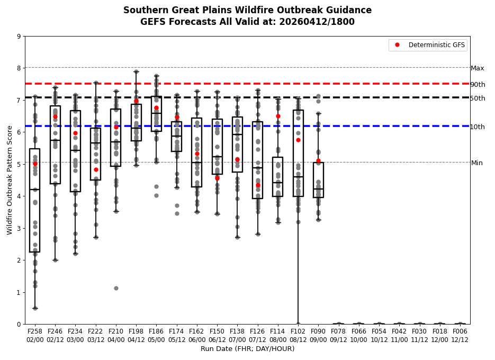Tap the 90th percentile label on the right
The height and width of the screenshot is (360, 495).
pyautogui.click(x=478, y=85)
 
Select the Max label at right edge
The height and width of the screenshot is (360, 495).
pyautogui.click(x=478, y=68)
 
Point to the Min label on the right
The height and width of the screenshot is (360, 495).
pyautogui.click(x=477, y=163)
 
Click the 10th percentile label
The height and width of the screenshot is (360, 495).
pyautogui.click(x=478, y=127)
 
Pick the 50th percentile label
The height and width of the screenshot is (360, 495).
pyautogui.click(x=478, y=98)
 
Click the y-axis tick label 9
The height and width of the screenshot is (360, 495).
pyautogui.click(x=19, y=37)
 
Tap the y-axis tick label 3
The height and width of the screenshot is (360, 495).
pyautogui.click(x=19, y=228)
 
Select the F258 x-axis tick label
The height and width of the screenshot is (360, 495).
pyautogui.click(x=35, y=331)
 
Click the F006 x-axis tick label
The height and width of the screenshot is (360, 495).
pyautogui.click(x=460, y=331)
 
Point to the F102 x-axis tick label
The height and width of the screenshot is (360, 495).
pyautogui.click(x=298, y=331)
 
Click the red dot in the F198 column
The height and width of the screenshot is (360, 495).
pyautogui.click(x=136, y=101)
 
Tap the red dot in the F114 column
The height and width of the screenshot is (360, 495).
pyautogui.click(x=278, y=116)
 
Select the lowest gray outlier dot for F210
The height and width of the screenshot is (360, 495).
pyautogui.click(x=116, y=288)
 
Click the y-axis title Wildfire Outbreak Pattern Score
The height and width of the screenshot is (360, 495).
pyautogui.click(x=10, y=180)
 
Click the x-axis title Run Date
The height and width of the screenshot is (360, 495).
pyautogui.click(x=247, y=349)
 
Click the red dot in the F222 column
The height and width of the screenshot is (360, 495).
pyautogui.click(x=96, y=169)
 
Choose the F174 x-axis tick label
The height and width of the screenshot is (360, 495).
pyautogui.click(x=177, y=331)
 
